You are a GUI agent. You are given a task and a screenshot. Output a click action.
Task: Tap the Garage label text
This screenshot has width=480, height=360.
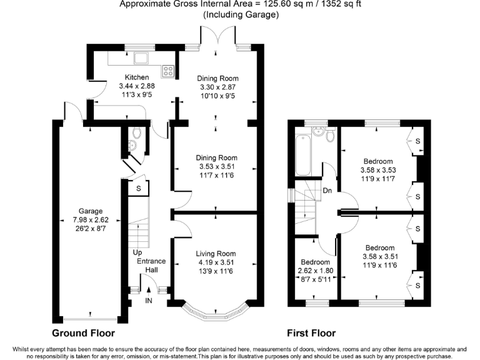click(x=90, y=211)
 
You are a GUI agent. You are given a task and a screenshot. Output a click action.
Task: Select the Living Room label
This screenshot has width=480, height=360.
click(x=216, y=253)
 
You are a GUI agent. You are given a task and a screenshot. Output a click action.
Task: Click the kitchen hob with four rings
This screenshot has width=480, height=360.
click(x=168, y=70)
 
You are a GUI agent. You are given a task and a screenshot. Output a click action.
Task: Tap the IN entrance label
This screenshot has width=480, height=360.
click(x=148, y=301)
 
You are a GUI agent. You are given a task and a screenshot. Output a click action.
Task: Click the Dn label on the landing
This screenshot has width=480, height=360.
click(x=327, y=191)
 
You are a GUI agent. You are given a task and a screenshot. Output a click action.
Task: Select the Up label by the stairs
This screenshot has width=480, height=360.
click(x=137, y=252)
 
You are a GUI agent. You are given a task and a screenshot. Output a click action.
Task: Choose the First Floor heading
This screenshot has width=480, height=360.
click(x=311, y=333)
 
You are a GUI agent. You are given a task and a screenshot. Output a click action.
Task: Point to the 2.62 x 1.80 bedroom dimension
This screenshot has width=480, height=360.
click(x=315, y=271)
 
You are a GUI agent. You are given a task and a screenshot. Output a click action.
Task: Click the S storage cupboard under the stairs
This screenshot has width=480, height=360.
click(x=138, y=187)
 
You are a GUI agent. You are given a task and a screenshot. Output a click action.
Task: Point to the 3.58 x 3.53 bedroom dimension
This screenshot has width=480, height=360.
click(x=379, y=169)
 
